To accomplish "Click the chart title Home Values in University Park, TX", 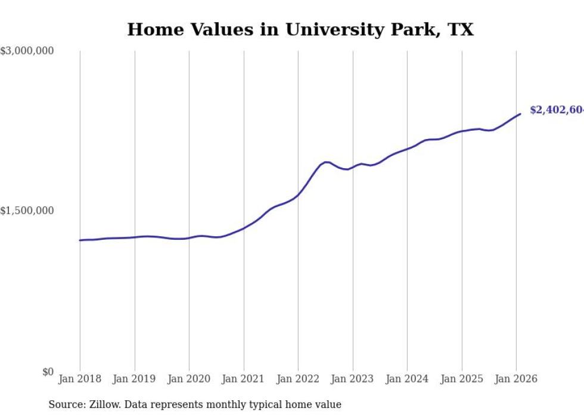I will (x=300, y=30).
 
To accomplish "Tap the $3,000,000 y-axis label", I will (x=27, y=51).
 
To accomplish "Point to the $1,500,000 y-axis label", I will (x=27, y=211).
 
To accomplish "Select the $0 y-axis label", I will (x=48, y=372).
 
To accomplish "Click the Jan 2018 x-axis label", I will (x=80, y=379).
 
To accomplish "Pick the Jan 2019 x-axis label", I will (x=135, y=379).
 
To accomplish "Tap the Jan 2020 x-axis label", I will (x=189, y=379).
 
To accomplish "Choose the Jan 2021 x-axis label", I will (x=244, y=379).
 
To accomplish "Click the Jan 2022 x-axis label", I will (x=298, y=379).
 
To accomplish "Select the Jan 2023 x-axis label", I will (x=353, y=379).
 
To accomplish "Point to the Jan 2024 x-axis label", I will (x=407, y=379).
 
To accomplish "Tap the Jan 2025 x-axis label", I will (x=462, y=379).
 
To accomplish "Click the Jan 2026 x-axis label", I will (x=516, y=379).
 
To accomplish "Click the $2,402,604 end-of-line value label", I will (x=557, y=110).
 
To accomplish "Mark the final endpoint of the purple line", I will (x=520, y=114).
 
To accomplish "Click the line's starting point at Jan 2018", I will (x=80, y=240).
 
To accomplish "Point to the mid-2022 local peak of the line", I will (x=327, y=162).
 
